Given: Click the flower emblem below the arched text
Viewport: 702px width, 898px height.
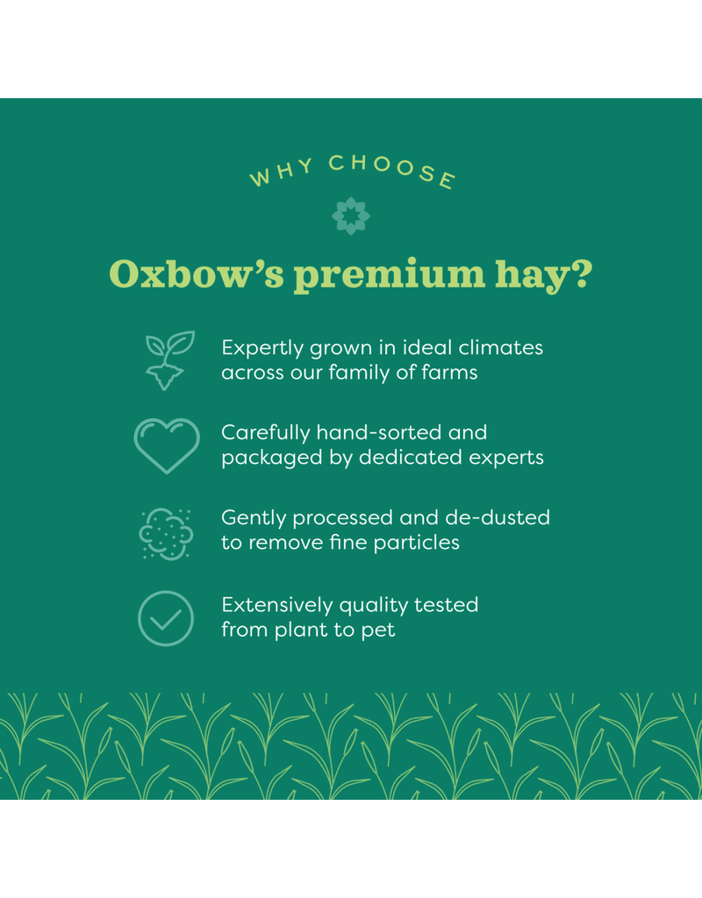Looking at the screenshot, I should point(351,216).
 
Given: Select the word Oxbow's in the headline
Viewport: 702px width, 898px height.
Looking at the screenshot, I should point(194,274).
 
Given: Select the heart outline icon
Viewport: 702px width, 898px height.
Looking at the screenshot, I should point(167,445).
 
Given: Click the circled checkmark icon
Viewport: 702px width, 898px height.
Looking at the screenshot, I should point(166,617).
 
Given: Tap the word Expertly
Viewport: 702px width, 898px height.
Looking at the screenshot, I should point(261,348).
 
